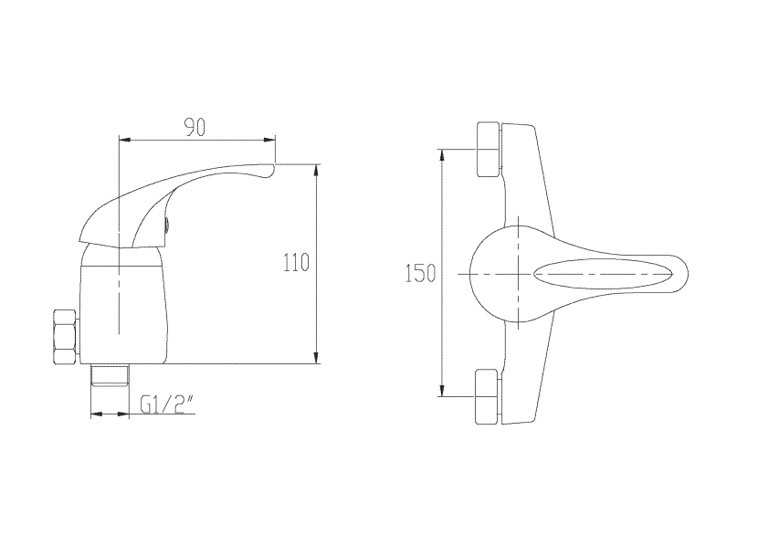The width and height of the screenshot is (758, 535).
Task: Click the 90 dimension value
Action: click(x=195, y=127)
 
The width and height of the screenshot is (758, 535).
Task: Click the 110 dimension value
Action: click(x=296, y=263)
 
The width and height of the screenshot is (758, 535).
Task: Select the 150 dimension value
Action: click(x=421, y=274)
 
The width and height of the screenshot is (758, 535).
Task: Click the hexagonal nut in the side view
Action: click(x=66, y=337)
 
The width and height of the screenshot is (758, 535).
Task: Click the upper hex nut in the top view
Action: click(x=489, y=150)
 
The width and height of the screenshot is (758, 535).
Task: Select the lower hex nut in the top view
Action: click(x=488, y=397)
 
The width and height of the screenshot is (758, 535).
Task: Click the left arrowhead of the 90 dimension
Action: click(x=125, y=141)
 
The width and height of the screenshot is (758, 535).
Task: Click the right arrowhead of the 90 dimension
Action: click(x=269, y=141)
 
